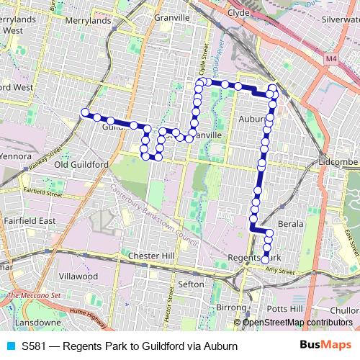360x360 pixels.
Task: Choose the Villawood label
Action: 78,276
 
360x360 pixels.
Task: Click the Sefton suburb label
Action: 191,284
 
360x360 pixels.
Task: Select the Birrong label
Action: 230,307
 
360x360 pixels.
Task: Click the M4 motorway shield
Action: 330,58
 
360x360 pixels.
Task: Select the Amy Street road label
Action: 282,272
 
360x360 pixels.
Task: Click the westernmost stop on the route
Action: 85,112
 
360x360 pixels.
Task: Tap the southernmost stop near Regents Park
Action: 265,259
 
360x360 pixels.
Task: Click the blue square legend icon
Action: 9,346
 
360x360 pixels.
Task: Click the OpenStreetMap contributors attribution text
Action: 297,323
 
